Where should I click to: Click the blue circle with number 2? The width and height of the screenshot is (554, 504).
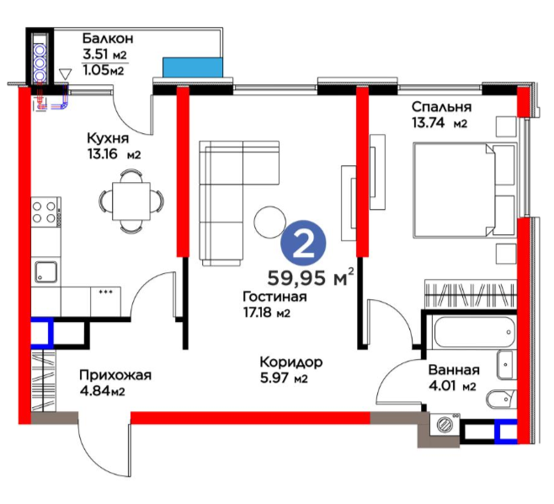click(303, 243)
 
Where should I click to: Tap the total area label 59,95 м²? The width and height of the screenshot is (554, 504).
click(311, 277)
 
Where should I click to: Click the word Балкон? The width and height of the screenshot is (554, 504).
click(108, 38)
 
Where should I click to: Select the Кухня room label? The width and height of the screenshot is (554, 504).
click(108, 138)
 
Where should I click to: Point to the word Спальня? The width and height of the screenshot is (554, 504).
click(442, 106)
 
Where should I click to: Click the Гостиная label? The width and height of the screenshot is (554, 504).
click(274, 297)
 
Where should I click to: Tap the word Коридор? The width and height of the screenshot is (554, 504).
click(291, 362)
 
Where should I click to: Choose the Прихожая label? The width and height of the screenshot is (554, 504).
click(115, 375)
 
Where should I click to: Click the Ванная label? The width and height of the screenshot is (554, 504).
click(454, 370)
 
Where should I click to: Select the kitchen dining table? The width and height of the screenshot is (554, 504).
click(131, 201)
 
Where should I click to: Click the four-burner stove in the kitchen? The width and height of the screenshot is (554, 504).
click(45, 212)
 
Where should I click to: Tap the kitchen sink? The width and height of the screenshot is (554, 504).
click(46, 272)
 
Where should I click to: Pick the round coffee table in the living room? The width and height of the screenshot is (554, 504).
click(269, 222)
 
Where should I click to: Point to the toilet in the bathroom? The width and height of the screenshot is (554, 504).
click(501, 399)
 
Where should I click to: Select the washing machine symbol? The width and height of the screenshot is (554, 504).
click(445, 425)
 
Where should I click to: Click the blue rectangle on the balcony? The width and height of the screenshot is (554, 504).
click(193, 67)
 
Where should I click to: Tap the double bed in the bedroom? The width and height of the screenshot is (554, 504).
click(464, 190)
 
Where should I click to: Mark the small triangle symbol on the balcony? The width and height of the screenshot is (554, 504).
click(66, 74)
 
